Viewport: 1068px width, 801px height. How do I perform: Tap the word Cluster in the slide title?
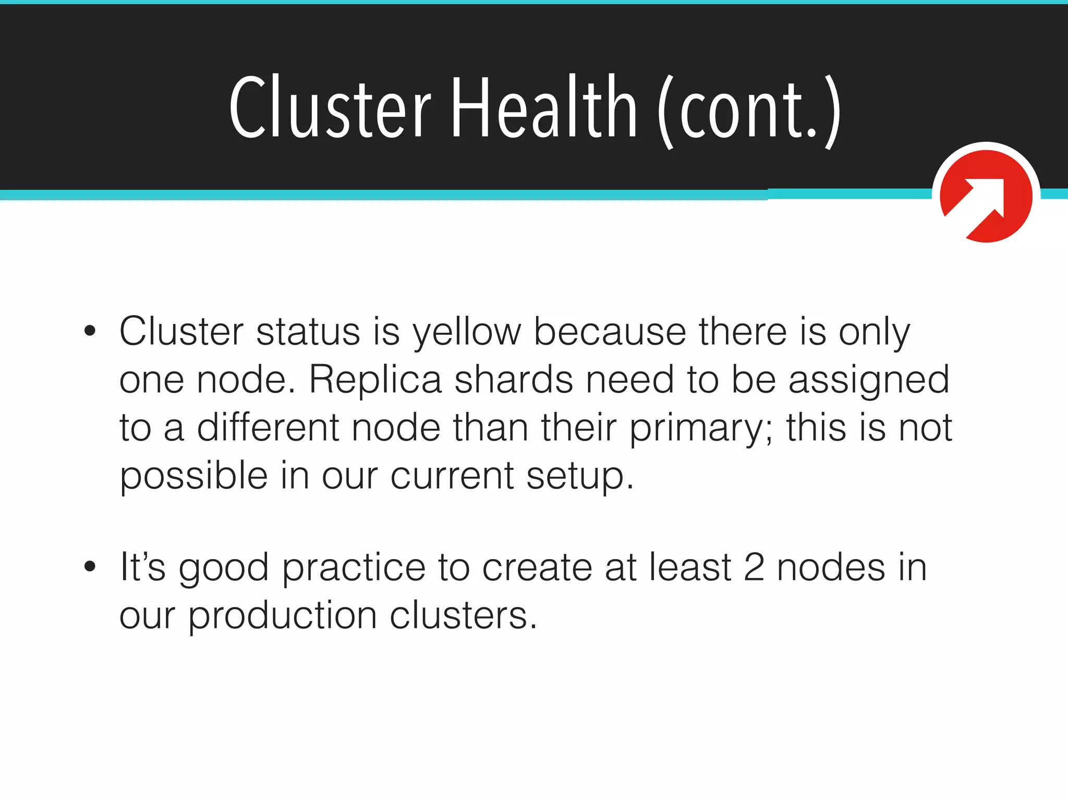tap(330, 108)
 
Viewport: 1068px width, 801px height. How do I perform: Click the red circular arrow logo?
tap(986, 196)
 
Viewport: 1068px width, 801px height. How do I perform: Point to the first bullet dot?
tap(90, 331)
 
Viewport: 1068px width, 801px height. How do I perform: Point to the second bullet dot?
tap(90, 566)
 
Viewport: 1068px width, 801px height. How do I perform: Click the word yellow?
tap(467, 333)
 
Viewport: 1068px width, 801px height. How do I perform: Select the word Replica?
tap(375, 379)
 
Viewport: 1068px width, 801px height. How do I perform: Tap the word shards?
tap(514, 379)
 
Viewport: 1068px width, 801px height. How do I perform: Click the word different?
tap(268, 427)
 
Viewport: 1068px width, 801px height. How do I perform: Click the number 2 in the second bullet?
tap(754, 567)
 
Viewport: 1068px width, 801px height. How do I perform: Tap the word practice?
tap(354, 568)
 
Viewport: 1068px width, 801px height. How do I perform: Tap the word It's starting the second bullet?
tap(142, 567)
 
